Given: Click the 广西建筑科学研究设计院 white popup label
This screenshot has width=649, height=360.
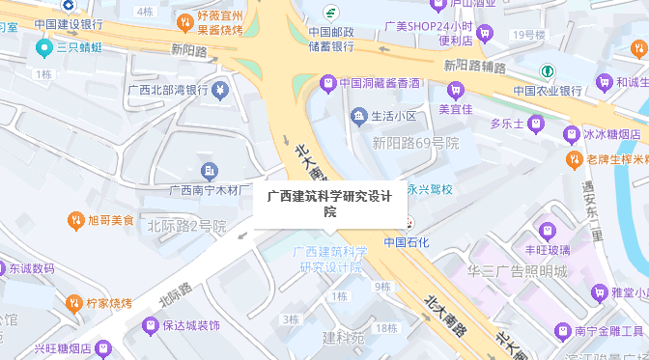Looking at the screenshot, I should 329,204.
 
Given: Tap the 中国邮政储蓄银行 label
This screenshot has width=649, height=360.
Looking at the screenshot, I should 331,39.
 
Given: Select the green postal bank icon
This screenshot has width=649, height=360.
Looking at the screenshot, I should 330,14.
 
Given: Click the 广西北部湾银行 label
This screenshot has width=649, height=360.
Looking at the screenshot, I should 168,91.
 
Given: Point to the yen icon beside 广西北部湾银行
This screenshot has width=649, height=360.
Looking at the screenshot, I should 221,91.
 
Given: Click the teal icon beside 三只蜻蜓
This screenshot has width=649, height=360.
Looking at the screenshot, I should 42,46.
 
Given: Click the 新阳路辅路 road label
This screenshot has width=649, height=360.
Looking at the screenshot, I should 475,66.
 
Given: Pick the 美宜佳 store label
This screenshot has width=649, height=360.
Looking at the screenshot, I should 455,108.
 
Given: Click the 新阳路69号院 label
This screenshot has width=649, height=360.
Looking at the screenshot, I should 415,143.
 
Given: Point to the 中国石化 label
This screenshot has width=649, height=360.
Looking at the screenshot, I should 406,242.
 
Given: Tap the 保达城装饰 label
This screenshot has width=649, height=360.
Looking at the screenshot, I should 191,326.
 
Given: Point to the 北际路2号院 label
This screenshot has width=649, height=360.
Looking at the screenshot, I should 186,226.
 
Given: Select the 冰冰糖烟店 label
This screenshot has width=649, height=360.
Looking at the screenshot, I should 611,134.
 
